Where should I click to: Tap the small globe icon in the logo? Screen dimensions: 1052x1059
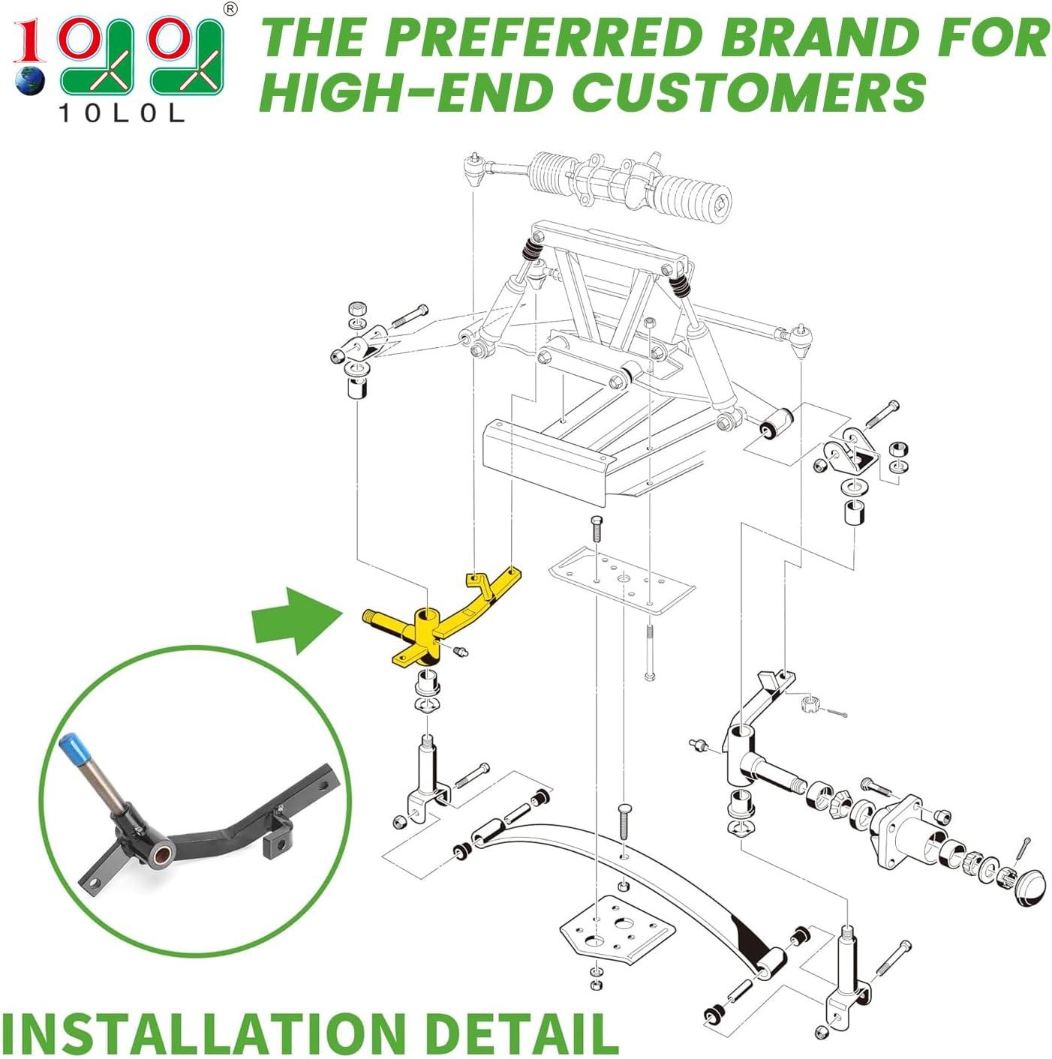coord(30,81)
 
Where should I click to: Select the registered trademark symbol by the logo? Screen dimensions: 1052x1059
coord(232,9)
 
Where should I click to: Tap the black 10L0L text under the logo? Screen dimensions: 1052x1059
coord(121,114)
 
